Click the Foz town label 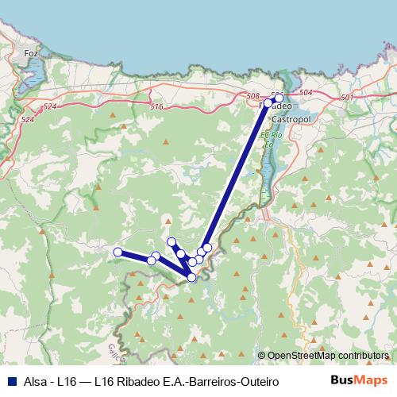(x=32, y=53)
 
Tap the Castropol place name (x=290, y=118)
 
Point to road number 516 (x=156, y=106)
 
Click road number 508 (x=253, y=96)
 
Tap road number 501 (x=345, y=97)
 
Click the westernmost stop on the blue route (x=118, y=252)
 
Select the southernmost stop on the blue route (x=192, y=277)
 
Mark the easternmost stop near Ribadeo (x=279, y=98)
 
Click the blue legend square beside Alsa (x=10, y=381)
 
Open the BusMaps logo (x=360, y=380)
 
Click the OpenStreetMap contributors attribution (x=328, y=356)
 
